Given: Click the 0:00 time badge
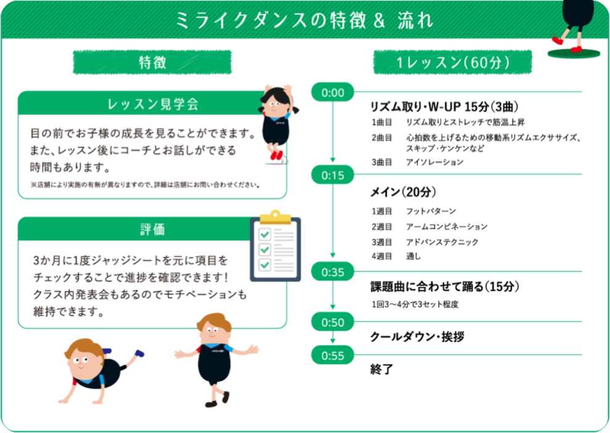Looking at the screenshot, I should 333,92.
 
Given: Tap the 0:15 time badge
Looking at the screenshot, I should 333,176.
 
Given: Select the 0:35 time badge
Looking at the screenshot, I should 333,272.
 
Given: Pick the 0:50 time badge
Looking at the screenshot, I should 333,322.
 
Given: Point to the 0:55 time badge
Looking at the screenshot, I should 333,355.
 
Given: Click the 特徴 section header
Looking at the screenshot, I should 152,62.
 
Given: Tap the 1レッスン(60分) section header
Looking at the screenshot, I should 452,62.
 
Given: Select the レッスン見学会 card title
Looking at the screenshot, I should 152,104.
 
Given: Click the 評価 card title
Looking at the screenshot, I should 152,230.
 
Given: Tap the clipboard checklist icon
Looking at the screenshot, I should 275,246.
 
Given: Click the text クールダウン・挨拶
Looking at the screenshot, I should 417,337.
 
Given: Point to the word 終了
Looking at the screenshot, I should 381,369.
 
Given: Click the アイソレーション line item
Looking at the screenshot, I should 434,163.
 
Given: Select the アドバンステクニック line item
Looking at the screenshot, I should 442,242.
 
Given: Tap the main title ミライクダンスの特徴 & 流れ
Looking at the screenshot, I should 304,20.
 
